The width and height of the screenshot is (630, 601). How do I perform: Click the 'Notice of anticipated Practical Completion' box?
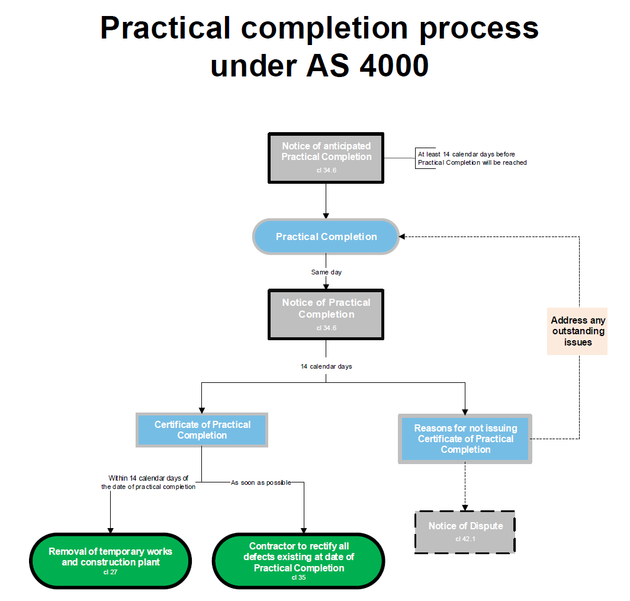tap(326, 157)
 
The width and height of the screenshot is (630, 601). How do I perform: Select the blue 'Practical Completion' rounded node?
tap(326, 237)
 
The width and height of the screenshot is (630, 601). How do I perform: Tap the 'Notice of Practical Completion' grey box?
tap(326, 314)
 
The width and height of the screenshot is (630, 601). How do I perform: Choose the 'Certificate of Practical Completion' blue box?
tap(202, 430)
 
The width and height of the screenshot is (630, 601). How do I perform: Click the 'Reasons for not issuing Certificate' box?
tap(465, 439)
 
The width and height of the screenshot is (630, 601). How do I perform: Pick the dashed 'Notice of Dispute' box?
tap(465, 532)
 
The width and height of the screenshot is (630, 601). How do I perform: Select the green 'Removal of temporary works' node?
tap(111, 561)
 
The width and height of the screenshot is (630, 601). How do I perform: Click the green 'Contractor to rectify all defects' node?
tap(298, 561)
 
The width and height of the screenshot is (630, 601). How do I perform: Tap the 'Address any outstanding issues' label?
tap(578, 331)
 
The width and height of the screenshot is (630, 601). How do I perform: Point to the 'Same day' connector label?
tap(326, 272)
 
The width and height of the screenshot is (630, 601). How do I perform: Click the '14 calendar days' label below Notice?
tap(326, 366)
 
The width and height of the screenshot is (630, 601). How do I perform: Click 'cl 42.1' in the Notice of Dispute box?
tap(465, 539)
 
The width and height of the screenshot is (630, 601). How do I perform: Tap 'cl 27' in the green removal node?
tap(111, 572)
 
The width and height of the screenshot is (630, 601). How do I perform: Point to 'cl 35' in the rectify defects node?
tap(298, 577)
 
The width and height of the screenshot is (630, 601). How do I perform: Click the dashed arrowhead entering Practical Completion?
tap(403, 237)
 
